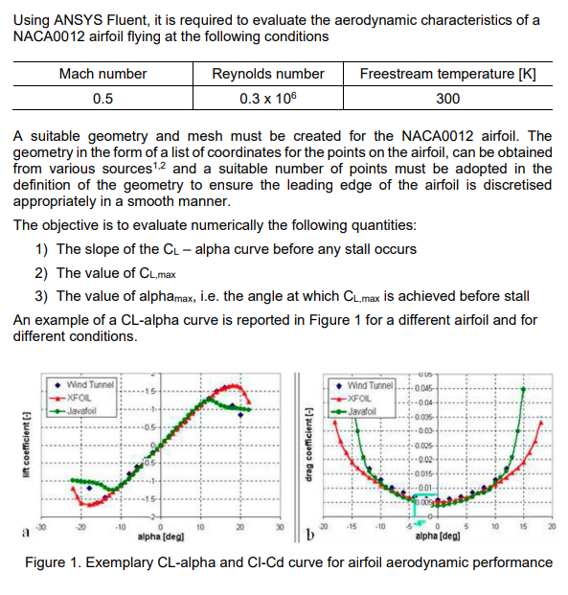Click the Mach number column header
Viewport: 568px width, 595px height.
click(x=102, y=74)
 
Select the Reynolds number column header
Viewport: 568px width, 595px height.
click(x=267, y=74)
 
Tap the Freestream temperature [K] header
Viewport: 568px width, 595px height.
click(x=447, y=74)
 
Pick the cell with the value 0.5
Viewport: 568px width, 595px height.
click(x=102, y=99)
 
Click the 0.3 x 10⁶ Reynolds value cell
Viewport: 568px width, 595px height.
click(x=268, y=99)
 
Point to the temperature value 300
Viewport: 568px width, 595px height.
click(x=447, y=99)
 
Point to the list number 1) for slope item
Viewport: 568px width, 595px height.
click(x=41, y=249)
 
